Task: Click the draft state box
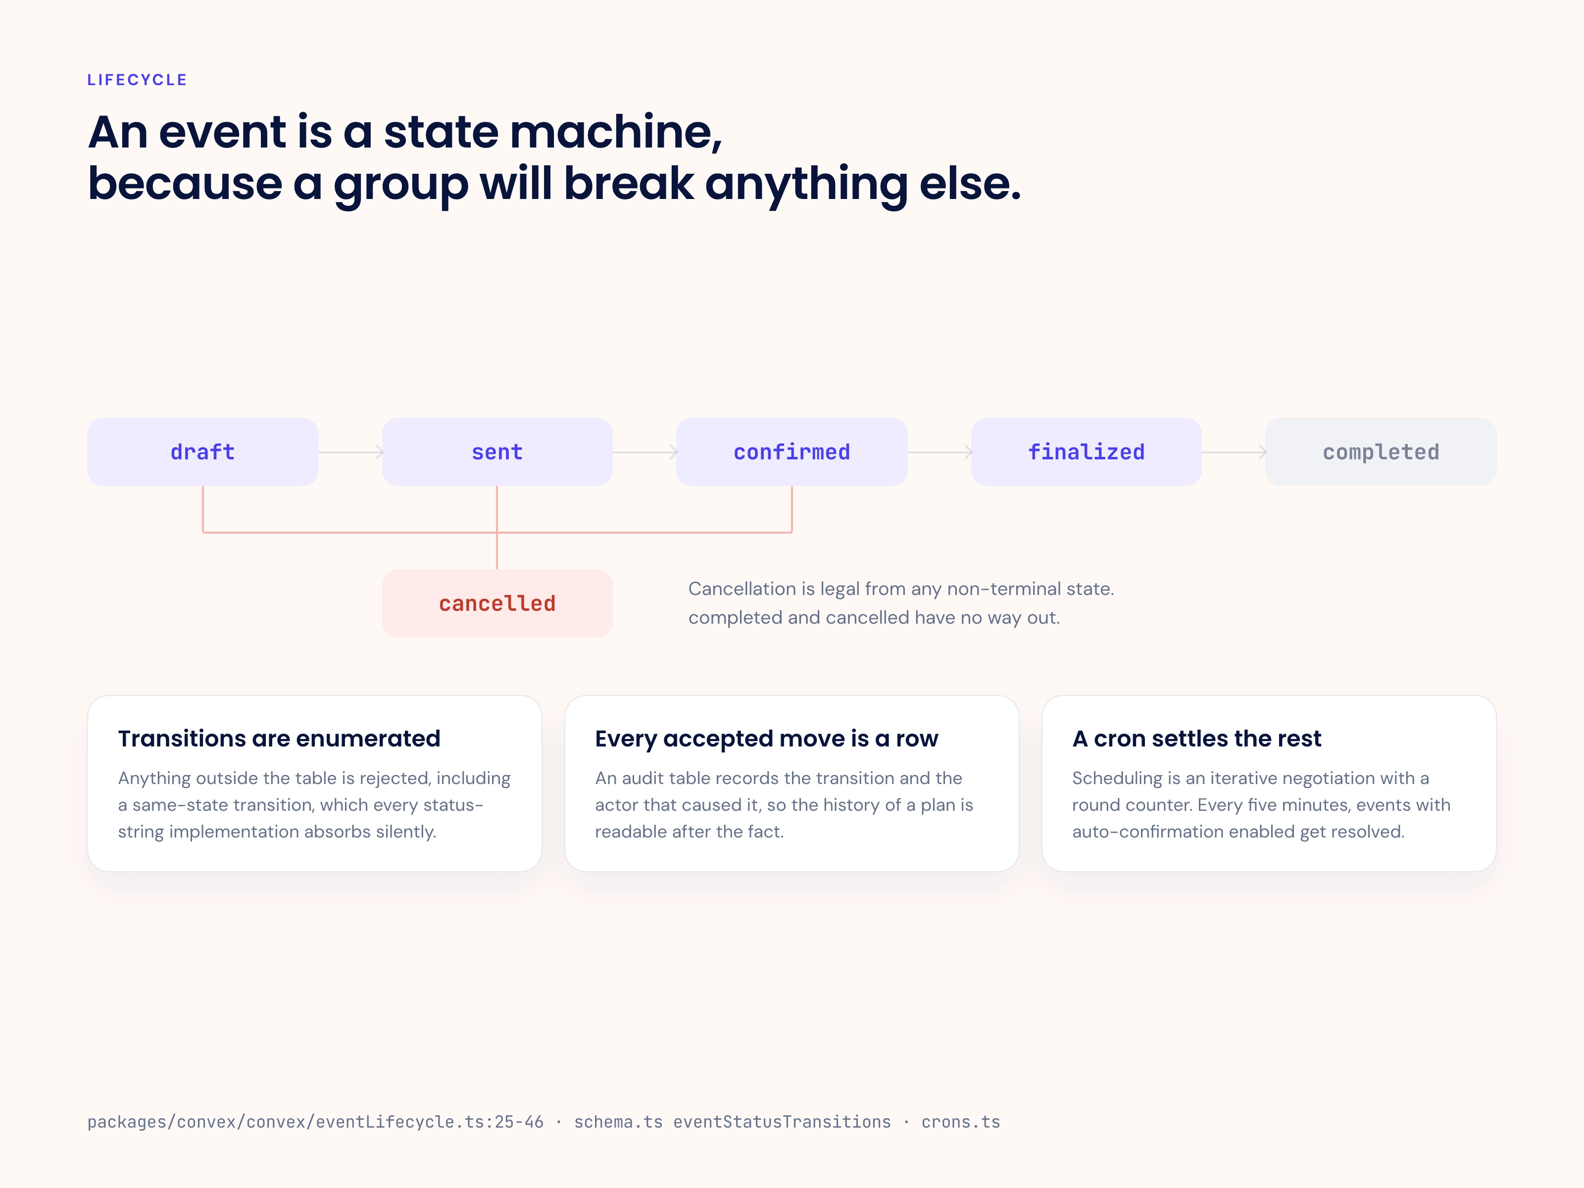coord(202,452)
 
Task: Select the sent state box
coord(497,452)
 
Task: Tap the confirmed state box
coord(792,452)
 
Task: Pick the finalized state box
coord(1087,452)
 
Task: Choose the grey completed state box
coord(1381,452)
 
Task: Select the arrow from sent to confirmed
coord(645,452)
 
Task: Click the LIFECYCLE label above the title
coord(137,80)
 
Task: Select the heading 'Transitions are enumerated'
coord(279,739)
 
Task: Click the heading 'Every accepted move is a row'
coord(766,739)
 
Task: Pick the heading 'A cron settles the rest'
coord(1196,739)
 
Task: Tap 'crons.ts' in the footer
coord(961,1122)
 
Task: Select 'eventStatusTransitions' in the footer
coord(782,1122)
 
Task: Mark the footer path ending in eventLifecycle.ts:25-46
coord(315,1122)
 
